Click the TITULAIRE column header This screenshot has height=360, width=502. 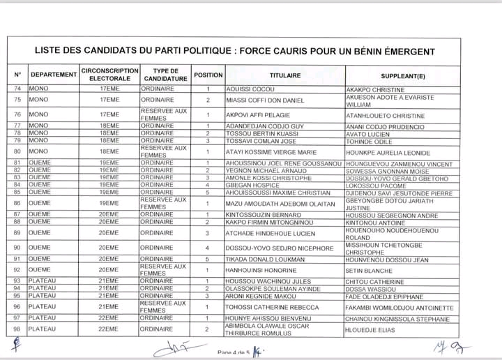[285, 75]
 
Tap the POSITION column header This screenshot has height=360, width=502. [208, 75]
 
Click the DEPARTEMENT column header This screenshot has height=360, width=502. [54, 75]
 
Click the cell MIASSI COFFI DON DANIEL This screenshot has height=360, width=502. [261, 100]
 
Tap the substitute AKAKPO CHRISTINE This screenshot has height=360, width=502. [375, 89]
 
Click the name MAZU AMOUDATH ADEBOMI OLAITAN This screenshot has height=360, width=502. [277, 203]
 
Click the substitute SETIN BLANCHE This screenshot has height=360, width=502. [370, 270]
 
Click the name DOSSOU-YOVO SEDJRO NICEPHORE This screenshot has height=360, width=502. [271, 248]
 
